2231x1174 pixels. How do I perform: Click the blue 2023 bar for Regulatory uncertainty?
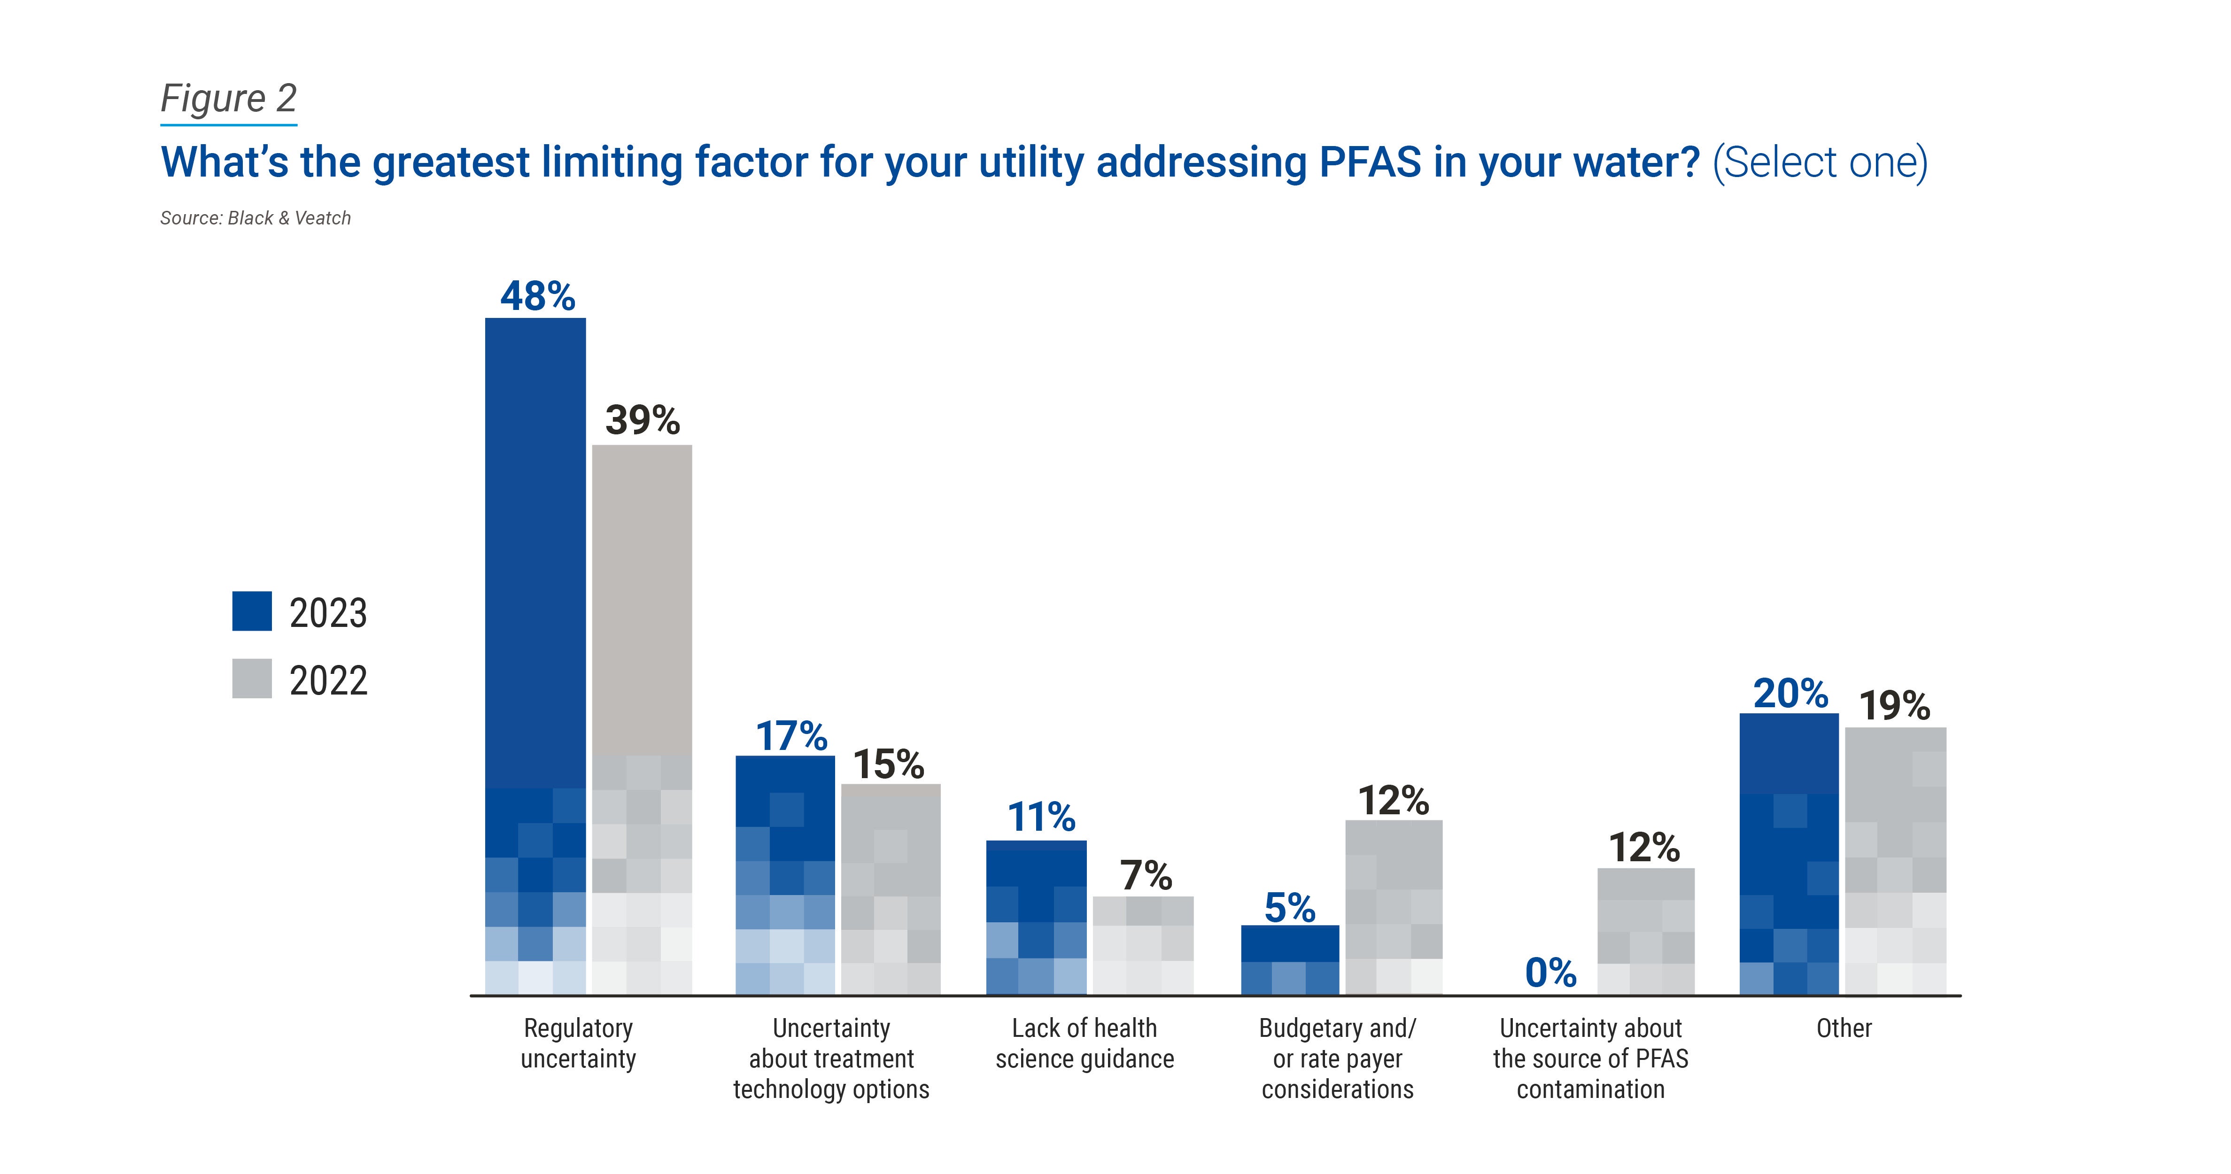tap(535, 656)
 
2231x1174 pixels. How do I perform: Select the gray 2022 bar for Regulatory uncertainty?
tap(642, 718)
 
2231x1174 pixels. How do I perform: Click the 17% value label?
tap(791, 736)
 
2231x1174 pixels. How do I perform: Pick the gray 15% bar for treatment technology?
tap(891, 889)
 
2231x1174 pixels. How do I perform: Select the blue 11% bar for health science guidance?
tap(1036, 917)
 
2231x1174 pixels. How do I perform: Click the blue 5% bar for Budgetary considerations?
tap(1290, 959)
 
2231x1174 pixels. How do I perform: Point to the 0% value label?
tap(1550, 972)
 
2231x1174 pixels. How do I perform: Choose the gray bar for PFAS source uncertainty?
tap(1645, 931)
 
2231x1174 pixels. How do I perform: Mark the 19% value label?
tap(1895, 706)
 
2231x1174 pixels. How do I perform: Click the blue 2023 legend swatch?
tap(252, 611)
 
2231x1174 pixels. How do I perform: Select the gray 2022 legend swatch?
tap(252, 679)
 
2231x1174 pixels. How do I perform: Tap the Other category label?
tap(1844, 1028)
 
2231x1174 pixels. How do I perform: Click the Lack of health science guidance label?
tap(1085, 1043)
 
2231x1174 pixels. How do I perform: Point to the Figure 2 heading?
tap(229, 98)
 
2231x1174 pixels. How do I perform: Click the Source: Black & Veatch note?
tap(256, 218)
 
